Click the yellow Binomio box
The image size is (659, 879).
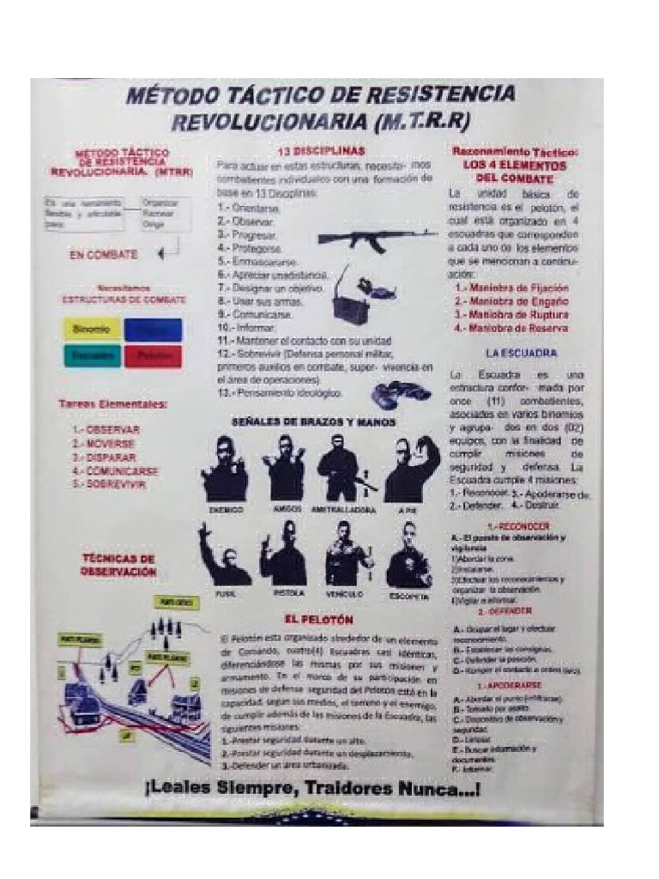pos(91,330)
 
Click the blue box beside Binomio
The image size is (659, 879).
pos(153,330)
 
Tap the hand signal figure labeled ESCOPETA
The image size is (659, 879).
pos(408,555)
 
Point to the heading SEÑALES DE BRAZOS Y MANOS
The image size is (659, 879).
pos(312,422)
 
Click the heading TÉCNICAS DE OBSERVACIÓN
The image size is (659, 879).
pos(118,564)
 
